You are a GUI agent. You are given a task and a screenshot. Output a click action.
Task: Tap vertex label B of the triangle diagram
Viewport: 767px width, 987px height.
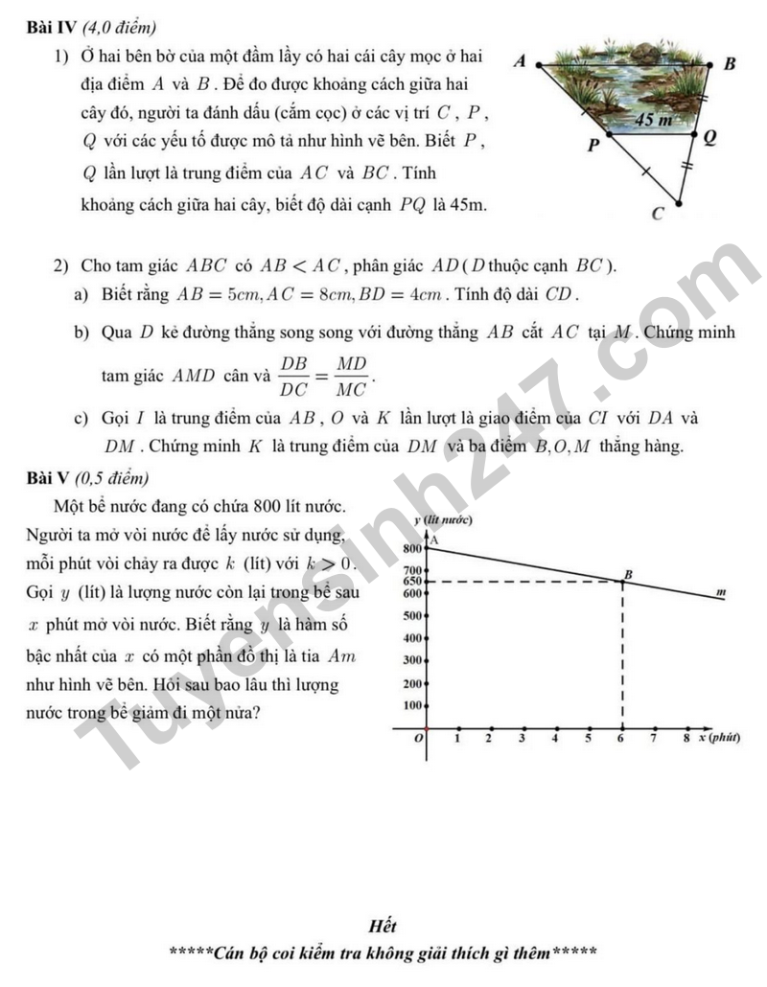(x=729, y=64)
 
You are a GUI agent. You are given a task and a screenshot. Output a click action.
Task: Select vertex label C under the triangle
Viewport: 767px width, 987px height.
(x=657, y=214)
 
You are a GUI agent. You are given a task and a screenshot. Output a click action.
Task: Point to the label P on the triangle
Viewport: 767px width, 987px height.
(x=592, y=146)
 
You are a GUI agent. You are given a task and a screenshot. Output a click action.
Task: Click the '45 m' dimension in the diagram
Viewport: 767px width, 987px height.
(x=654, y=120)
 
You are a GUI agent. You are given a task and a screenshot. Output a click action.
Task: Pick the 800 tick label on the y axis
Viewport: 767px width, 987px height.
(x=411, y=549)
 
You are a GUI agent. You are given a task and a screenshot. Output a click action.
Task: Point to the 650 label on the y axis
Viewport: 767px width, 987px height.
(x=411, y=581)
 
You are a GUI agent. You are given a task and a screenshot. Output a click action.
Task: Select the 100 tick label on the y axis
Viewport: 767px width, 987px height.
(x=411, y=705)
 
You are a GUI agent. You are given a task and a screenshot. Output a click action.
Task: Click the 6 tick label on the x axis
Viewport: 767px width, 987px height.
(x=622, y=739)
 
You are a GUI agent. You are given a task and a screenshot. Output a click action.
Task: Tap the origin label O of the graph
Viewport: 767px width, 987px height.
(x=417, y=740)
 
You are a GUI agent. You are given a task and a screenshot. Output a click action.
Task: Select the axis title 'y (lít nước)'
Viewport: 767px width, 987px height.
(x=442, y=519)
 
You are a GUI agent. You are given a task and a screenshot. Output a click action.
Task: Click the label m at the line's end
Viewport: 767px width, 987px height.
(x=721, y=594)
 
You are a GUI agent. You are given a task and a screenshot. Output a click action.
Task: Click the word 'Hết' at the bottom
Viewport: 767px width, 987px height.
(x=382, y=926)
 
